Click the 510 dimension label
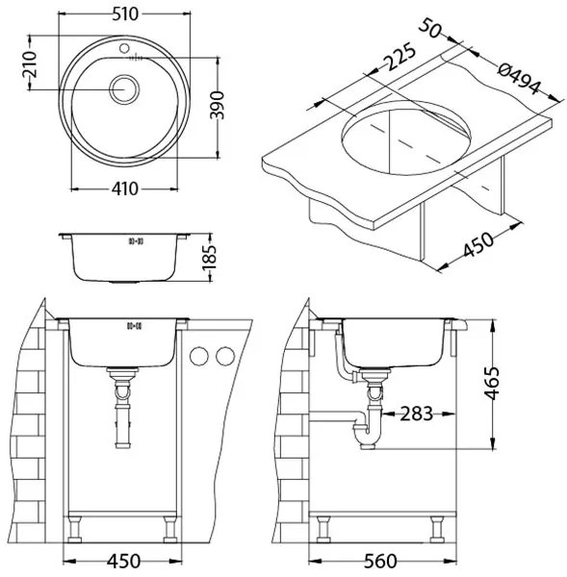point(125,14)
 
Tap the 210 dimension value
point(30,64)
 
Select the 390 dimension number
point(217,105)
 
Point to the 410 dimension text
point(125,188)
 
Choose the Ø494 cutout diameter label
point(519,79)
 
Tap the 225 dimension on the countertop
point(399,57)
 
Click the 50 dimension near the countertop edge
point(430,28)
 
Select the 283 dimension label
point(416,414)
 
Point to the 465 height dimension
point(492,383)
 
